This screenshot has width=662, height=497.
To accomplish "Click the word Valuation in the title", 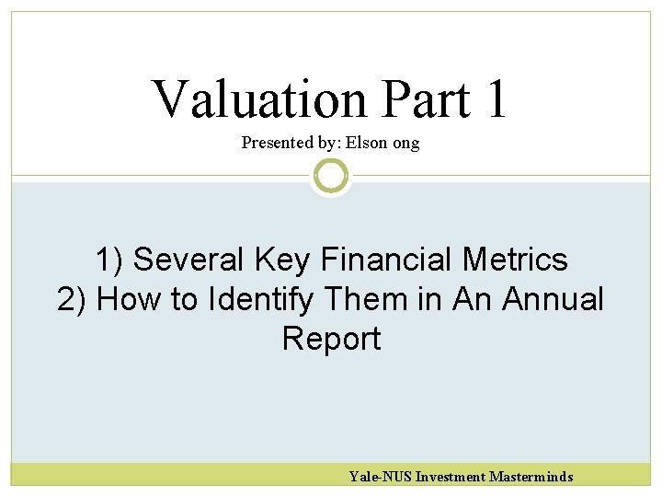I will coord(260,99).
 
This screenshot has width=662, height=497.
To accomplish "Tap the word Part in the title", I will coord(425,99).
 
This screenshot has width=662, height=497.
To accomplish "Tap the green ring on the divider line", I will coord(331,175).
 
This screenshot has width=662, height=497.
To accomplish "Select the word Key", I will coord(284,260).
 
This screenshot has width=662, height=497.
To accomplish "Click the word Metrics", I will coord(515,260).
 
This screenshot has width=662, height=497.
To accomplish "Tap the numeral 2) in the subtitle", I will coord(73,300).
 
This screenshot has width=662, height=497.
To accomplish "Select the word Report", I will coord(331,340).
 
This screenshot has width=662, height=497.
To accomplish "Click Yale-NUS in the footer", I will coord(380,477).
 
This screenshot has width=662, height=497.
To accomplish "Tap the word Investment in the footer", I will coord(451,477).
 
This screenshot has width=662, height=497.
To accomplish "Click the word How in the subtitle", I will coord(128,300).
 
